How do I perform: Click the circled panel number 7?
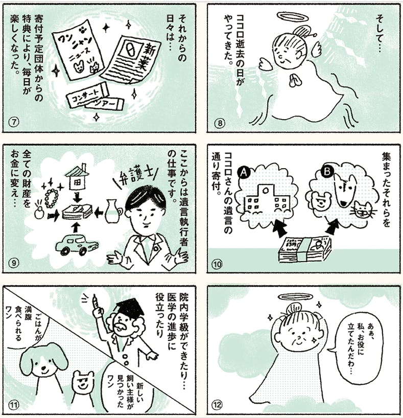tap(14, 122)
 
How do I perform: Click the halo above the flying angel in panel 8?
tap(293, 17)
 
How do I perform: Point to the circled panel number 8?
tap(219, 123)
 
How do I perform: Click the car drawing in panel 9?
tap(77, 244)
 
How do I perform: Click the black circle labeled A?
tap(244, 172)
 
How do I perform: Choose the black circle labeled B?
tap(327, 172)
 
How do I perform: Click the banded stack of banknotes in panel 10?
tap(304, 249)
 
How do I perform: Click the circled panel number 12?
tap(217, 405)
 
